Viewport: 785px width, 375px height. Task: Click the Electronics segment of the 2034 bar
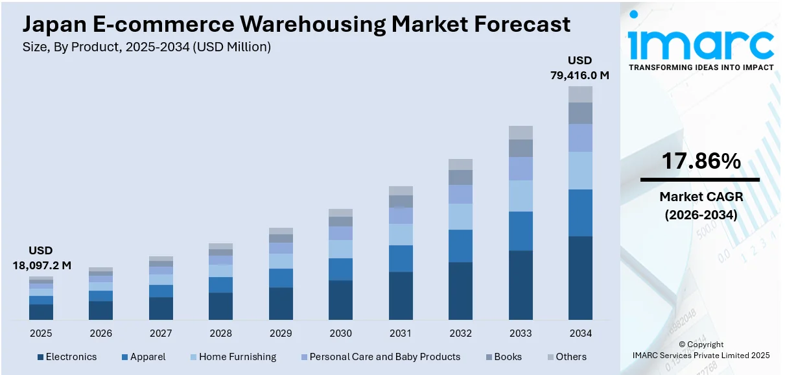580,278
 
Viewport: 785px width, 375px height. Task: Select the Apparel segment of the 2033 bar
521,231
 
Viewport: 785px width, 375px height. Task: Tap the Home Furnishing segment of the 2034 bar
580,171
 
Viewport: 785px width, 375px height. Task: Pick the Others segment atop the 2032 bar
460,164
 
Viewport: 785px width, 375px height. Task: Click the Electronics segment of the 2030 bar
340,300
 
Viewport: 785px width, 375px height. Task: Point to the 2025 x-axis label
41,333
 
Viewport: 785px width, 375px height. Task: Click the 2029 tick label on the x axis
281,333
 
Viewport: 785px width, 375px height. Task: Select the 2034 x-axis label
580,333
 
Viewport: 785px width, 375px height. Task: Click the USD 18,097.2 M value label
41,258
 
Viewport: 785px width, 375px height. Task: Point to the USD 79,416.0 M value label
580,68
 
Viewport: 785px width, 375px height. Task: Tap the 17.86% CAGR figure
701,162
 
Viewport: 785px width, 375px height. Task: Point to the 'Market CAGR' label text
701,197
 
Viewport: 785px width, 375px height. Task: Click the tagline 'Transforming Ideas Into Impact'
701,67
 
